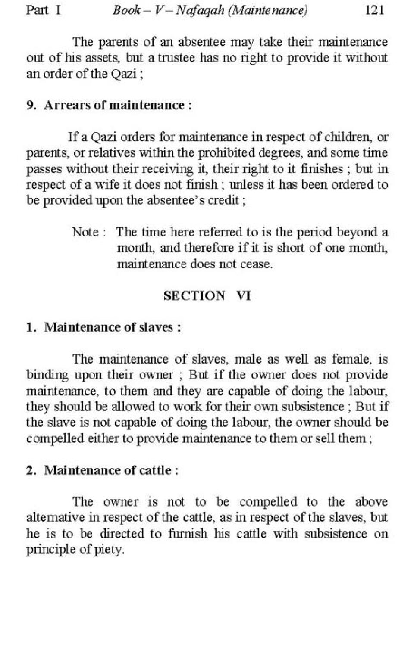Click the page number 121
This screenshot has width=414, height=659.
(374, 10)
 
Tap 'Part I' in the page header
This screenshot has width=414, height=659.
(43, 10)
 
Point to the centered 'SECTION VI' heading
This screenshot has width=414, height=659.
(207, 296)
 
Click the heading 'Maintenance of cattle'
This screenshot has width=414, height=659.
(108, 470)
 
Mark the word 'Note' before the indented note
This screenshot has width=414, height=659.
(85, 232)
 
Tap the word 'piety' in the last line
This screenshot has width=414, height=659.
(108, 550)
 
